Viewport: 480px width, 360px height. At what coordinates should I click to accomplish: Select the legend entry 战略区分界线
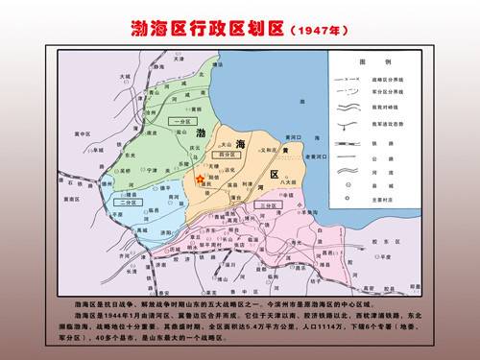click(375, 74)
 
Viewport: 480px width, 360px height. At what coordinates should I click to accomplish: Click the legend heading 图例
click(366, 60)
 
